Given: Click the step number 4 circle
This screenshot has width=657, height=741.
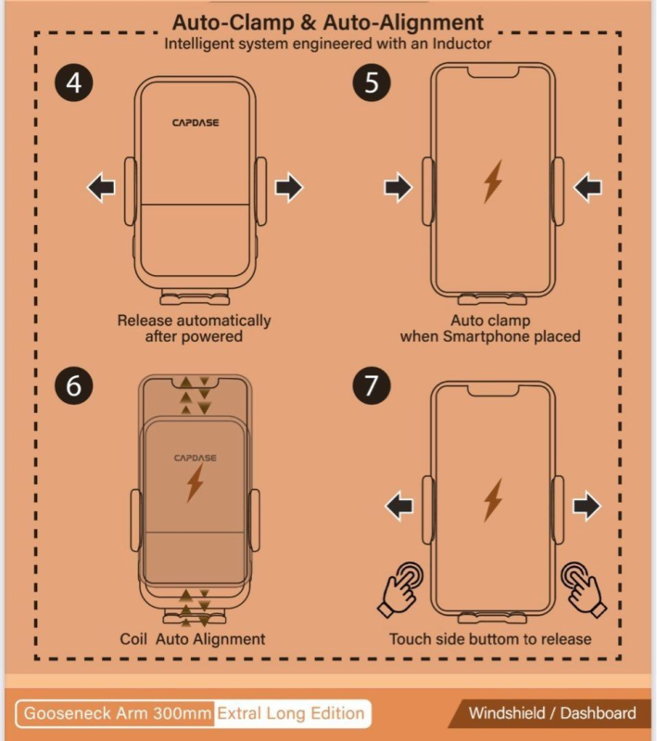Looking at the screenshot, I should click(74, 82).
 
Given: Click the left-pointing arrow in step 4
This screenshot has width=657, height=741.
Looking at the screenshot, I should click(101, 188).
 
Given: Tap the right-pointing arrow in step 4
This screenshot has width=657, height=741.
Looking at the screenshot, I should click(289, 188).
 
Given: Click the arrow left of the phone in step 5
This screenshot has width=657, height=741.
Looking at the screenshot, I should click(398, 188).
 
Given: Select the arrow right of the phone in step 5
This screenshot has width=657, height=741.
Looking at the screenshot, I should click(588, 188).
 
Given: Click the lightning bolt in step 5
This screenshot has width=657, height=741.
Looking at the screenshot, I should click(492, 182).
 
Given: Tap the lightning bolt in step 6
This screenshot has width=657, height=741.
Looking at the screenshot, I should click(195, 484).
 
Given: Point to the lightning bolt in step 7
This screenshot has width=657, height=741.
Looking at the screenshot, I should click(492, 500).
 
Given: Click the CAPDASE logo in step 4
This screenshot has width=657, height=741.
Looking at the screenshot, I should click(196, 122).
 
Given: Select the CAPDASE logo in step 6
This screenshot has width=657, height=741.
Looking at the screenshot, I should click(195, 458).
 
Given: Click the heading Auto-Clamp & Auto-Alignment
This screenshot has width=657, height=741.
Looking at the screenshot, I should click(328, 22).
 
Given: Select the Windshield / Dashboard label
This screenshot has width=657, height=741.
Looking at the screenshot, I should click(552, 713).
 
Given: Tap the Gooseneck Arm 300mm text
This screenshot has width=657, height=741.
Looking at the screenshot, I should click(117, 713).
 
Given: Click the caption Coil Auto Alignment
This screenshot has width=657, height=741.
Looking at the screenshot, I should click(193, 639).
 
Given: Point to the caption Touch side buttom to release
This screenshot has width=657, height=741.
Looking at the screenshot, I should click(490, 639).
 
